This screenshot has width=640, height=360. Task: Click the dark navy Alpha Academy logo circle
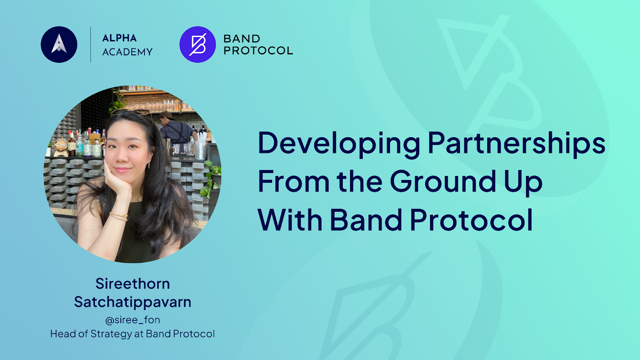point(59,44)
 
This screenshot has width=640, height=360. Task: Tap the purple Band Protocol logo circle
point(198,44)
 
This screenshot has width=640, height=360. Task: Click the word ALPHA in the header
point(120,38)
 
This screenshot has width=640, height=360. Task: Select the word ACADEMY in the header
point(128,52)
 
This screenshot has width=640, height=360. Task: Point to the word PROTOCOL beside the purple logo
point(258,50)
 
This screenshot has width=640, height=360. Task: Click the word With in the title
point(290,220)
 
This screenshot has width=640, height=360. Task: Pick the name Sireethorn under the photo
point(132,284)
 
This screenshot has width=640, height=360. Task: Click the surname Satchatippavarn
point(132,302)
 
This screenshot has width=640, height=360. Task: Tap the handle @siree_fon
point(132,320)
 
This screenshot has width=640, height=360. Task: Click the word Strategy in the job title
point(111,334)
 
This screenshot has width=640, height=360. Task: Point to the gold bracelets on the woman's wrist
point(118,216)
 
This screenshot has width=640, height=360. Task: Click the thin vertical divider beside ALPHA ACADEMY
point(90,44)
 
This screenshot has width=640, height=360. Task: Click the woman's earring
point(149,164)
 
